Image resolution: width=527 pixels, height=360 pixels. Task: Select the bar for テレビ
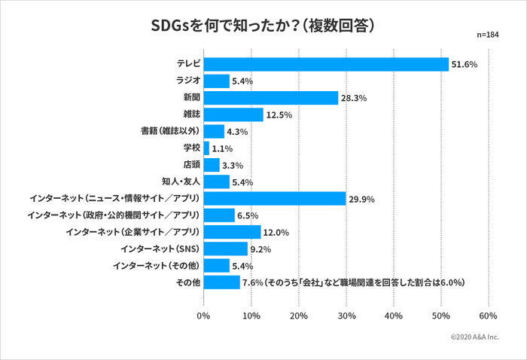click(325, 65)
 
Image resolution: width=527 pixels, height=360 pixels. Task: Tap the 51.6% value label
click(465, 65)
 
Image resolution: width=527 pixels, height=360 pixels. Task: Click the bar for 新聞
click(270, 98)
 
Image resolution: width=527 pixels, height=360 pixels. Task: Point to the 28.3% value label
click(354, 98)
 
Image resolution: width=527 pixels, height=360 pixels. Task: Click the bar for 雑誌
click(233, 114)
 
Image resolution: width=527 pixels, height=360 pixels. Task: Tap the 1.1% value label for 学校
click(222, 148)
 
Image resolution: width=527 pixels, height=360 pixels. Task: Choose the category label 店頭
click(190, 165)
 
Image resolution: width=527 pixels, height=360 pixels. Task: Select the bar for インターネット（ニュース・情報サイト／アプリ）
click(274, 199)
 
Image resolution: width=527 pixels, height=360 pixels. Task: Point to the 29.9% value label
click(361, 200)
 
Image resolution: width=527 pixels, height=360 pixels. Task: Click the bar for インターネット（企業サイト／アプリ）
click(232, 232)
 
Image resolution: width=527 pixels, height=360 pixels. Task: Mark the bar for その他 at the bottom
click(221, 282)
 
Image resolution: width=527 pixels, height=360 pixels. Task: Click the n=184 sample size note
click(488, 35)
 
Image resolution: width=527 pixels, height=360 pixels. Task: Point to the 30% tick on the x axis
click(346, 316)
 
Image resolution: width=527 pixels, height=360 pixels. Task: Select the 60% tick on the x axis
click(488, 316)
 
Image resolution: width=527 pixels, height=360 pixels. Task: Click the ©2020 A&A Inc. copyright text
click(474, 338)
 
